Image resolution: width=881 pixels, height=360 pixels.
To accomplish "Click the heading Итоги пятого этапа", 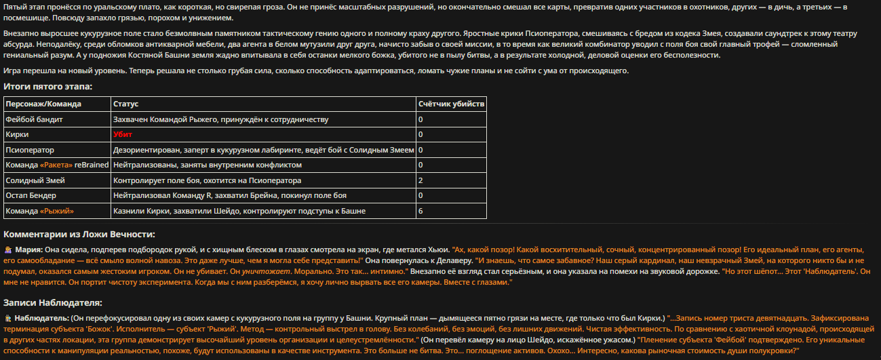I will pyautogui.click(x=47, y=87).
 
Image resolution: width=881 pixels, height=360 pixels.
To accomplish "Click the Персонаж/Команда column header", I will pyautogui.click(x=43, y=104).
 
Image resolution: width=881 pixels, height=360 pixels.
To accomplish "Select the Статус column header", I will pyautogui.click(x=126, y=104).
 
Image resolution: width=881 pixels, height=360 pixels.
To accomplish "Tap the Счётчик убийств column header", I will pyautogui.click(x=451, y=104).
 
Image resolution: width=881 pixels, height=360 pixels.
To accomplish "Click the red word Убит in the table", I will pyautogui.click(x=123, y=135).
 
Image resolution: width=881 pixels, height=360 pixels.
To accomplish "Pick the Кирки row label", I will pyautogui.click(x=17, y=135).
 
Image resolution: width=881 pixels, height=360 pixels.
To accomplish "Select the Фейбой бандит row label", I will pyautogui.click(x=34, y=119).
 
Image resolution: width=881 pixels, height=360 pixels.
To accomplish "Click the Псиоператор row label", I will pyautogui.click(x=30, y=150).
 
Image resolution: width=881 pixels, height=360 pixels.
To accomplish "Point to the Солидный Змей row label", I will pyautogui.click(x=35, y=180).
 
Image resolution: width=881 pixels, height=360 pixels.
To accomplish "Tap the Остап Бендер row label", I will pyautogui.click(x=31, y=196).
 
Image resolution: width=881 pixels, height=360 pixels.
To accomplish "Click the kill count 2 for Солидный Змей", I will pyautogui.click(x=421, y=180).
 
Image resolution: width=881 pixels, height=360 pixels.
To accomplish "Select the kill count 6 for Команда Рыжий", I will pyautogui.click(x=421, y=211).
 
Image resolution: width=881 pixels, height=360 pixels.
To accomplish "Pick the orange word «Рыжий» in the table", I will pyautogui.click(x=57, y=211).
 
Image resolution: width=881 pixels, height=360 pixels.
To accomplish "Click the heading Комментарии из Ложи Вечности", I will pyautogui.click(x=79, y=235).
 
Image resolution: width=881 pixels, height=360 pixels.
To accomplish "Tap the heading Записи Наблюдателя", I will pyautogui.click(x=53, y=302).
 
